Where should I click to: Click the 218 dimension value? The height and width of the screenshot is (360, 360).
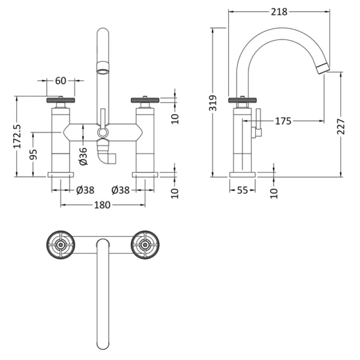[279, 12]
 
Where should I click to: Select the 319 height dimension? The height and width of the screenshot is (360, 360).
[213, 103]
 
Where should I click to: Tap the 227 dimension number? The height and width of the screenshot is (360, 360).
[341, 126]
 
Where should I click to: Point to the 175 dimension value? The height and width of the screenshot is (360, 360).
[283, 121]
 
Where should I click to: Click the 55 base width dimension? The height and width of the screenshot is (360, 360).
[243, 190]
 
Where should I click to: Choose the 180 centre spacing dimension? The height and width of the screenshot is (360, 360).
[103, 205]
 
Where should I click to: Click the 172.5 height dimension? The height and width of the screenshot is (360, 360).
[17, 136]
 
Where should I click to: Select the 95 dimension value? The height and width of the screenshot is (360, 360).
[33, 154]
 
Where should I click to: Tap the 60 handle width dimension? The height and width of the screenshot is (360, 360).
[61, 81]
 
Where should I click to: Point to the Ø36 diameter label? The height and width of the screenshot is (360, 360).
[83, 156]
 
